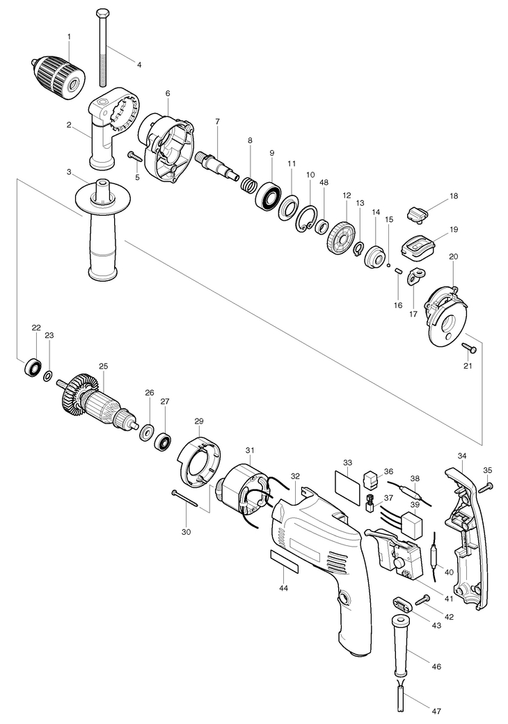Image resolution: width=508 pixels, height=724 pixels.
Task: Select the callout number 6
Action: coord(168,93)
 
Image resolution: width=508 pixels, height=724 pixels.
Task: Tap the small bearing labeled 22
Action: coord(33,367)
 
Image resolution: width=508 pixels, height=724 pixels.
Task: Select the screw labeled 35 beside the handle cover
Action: coord(489,486)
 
